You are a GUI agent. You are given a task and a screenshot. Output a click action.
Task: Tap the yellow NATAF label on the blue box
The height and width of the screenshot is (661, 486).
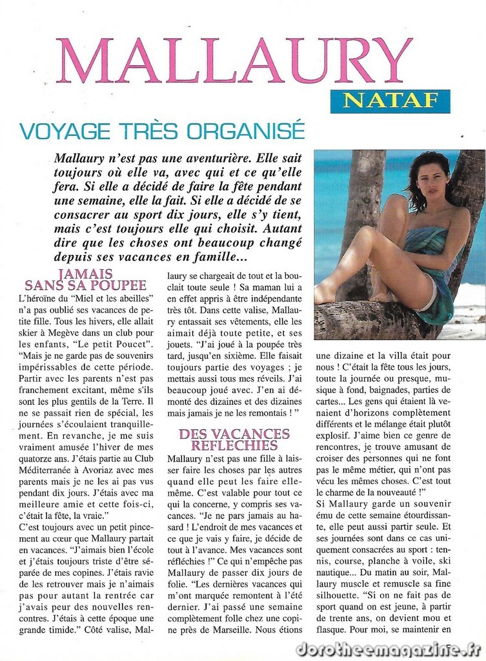[x=390, y=101]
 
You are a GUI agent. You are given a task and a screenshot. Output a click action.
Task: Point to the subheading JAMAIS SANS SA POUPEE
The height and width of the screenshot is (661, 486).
[x=85, y=280]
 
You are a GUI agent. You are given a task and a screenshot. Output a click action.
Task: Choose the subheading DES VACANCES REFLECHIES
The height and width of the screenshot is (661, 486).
[x=234, y=439]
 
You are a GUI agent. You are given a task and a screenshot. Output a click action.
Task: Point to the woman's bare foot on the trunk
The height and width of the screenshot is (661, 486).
[x=324, y=294]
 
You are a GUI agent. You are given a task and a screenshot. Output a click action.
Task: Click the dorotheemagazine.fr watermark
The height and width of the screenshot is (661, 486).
[x=387, y=648]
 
